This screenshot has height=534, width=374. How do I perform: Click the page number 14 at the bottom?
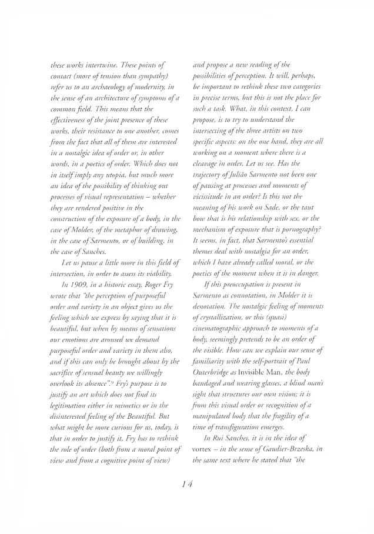pos(186,484)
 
